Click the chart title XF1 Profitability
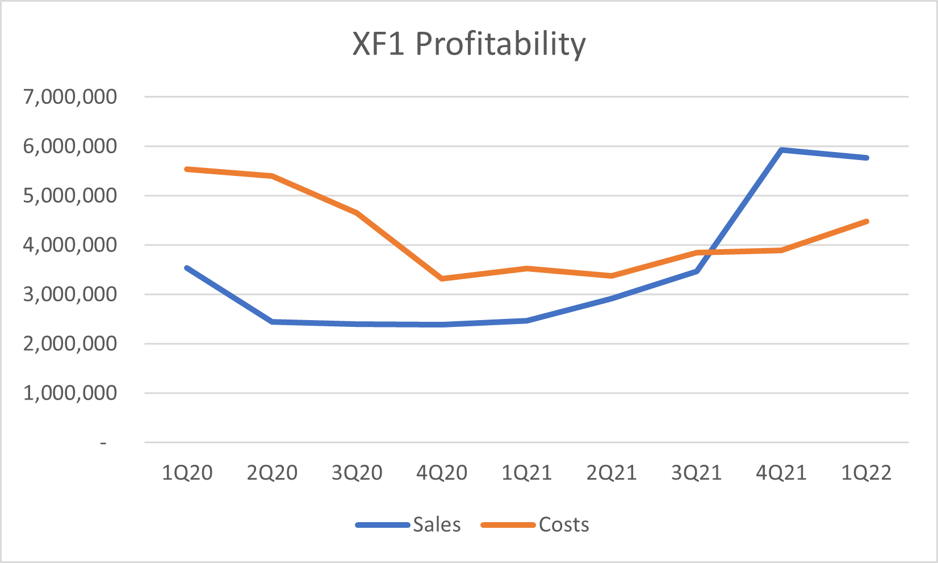[469, 44]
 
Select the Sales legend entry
[436, 525]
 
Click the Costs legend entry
[563, 525]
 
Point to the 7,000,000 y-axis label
[70, 96]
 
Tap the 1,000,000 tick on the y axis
[70, 393]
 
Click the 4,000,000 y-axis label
[70, 245]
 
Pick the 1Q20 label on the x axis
[187, 473]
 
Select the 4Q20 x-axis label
[442, 473]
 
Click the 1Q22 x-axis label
[866, 473]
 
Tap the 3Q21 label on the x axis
[696, 473]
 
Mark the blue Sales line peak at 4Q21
[782, 150]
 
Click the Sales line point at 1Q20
[187, 268]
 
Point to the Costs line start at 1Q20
[187, 169]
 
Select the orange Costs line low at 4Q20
[442, 279]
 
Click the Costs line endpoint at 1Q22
[866, 221]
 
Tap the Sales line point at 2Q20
[273, 322]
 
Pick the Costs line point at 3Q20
[357, 213]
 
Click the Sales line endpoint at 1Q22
[866, 158]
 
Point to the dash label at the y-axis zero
[103, 442]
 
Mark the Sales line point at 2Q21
[612, 299]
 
